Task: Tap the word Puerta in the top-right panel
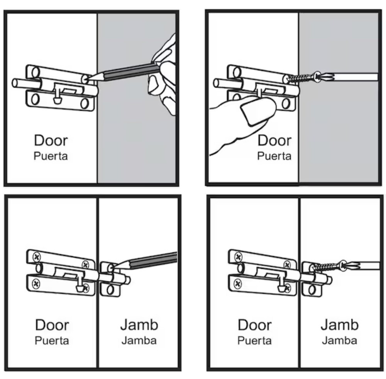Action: tap(274, 156)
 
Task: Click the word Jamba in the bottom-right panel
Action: tap(340, 340)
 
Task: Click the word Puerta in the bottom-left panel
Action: tap(52, 340)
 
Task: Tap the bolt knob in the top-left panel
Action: tap(57, 100)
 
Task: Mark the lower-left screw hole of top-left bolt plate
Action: tap(34, 99)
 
